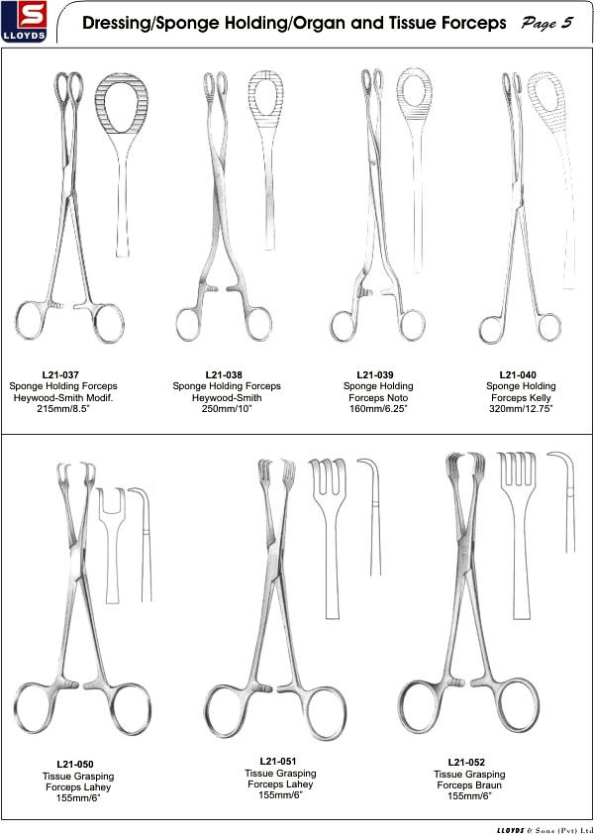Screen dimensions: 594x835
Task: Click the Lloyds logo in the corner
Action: point(25,22)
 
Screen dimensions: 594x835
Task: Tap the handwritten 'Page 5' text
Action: point(547,24)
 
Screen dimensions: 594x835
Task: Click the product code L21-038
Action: point(224,374)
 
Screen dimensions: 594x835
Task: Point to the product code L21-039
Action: point(375,374)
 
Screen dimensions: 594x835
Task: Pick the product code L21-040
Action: point(518,374)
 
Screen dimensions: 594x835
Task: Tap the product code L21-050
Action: point(75,765)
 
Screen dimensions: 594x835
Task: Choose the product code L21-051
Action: point(278,762)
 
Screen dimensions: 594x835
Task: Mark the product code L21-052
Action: point(466,763)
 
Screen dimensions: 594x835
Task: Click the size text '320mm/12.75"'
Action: point(521,409)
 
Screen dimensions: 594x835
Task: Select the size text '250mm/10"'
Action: point(226,409)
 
